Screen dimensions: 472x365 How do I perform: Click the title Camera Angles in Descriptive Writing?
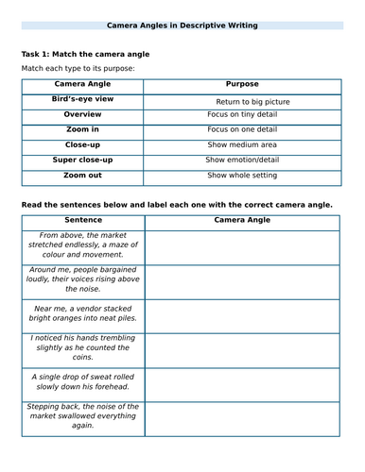coord(182,25)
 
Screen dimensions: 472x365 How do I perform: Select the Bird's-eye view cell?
coord(82,98)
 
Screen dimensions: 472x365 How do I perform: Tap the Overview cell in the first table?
coord(82,114)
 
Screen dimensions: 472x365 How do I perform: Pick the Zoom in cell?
coord(82,129)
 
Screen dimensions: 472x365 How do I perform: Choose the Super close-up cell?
coord(82,160)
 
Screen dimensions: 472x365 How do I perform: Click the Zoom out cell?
coord(82,175)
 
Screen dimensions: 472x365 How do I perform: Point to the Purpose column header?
coord(242,84)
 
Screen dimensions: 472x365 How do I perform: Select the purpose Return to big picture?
coord(252,101)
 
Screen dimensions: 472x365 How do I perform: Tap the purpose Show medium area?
coord(242,145)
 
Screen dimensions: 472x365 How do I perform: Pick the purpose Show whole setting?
coord(242,176)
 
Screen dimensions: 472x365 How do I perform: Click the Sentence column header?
coord(82,220)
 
